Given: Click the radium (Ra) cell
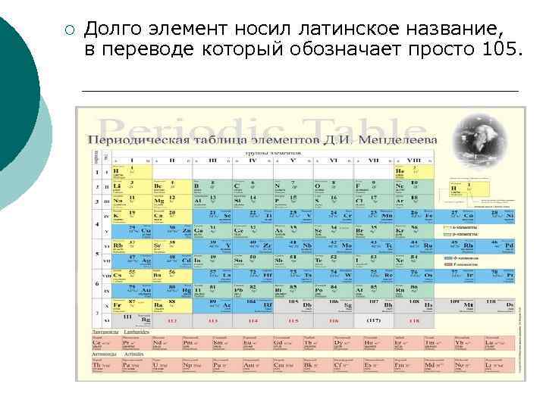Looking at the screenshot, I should pyautogui.click(x=162, y=306).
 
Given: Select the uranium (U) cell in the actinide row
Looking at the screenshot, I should pyautogui.click(x=162, y=365).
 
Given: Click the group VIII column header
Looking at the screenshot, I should pyautogui.click(x=414, y=161).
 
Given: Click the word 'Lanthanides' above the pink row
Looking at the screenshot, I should pyautogui.click(x=128, y=332).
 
